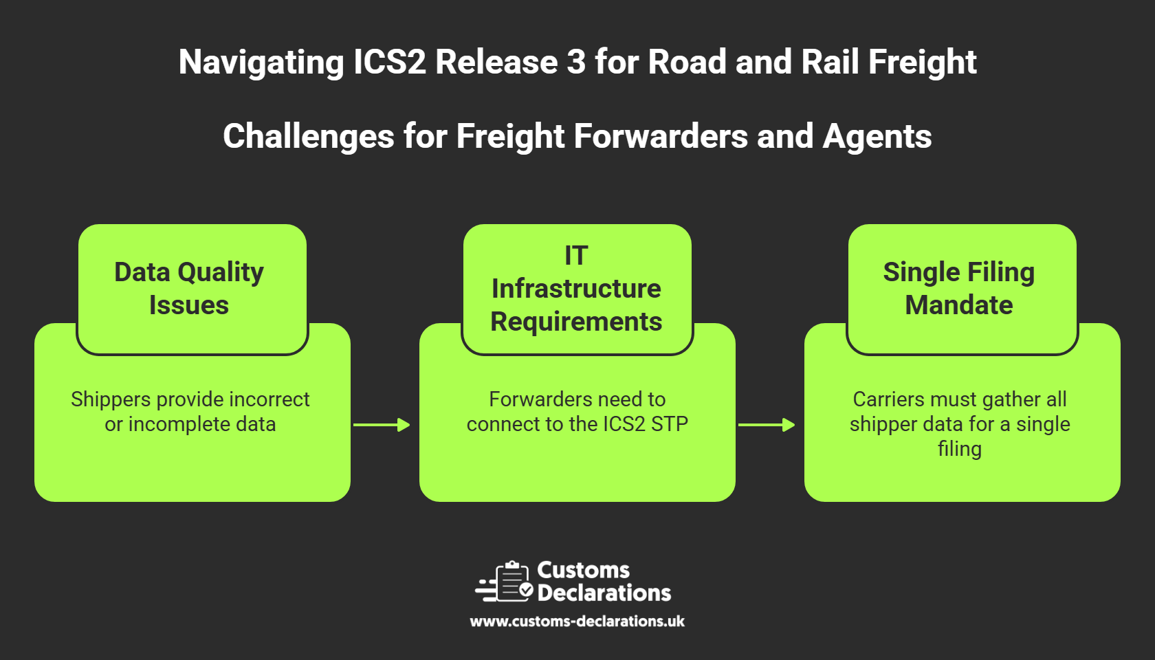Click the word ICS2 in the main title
click(390, 62)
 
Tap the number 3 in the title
click(576, 62)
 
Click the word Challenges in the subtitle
click(308, 137)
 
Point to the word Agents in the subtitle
click(877, 137)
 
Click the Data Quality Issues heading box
click(192, 289)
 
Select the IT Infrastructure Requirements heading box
click(577, 289)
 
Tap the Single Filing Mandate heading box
click(962, 289)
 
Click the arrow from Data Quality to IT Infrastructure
click(382, 425)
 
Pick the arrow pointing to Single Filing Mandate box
click(767, 425)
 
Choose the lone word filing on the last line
click(960, 448)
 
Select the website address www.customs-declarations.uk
click(577, 621)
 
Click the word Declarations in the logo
click(604, 593)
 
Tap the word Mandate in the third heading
click(959, 305)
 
